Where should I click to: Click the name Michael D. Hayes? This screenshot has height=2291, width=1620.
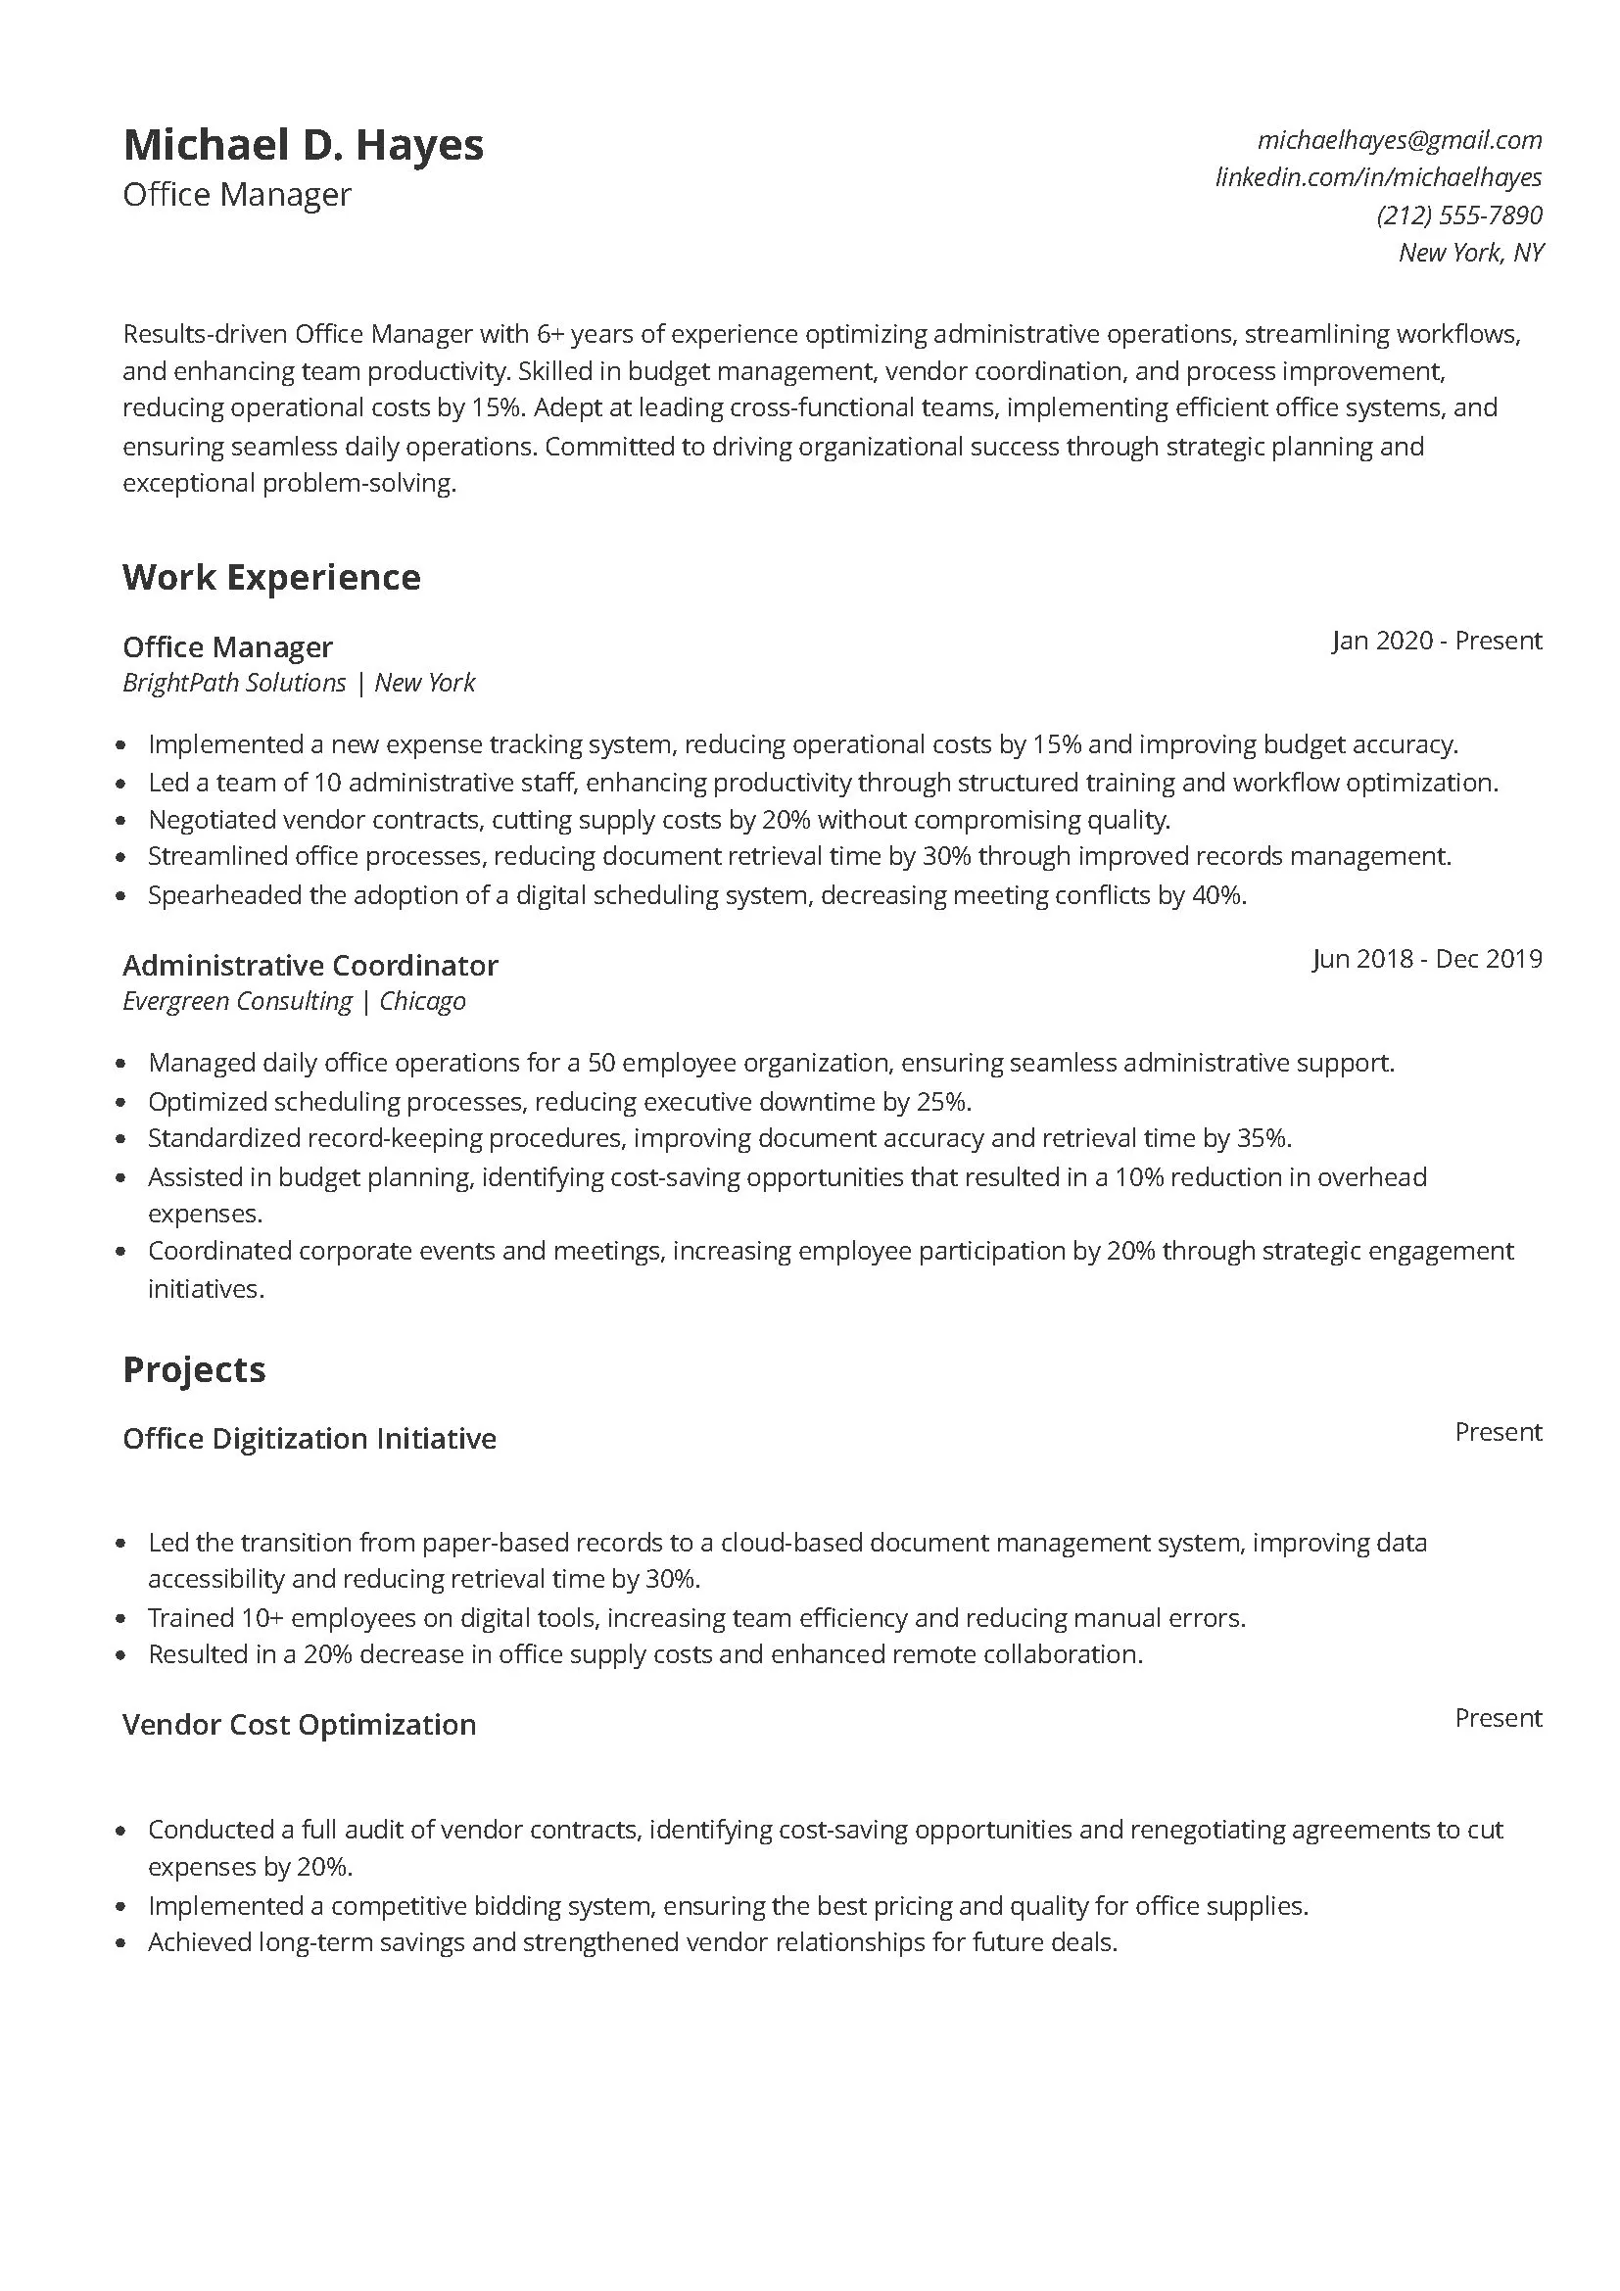304,146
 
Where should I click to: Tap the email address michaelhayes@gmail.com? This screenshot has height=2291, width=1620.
1399,140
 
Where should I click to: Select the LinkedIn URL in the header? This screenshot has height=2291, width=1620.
1378,177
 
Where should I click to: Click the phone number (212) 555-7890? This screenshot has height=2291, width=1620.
1458,215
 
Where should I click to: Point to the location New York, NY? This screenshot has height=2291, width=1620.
1470,253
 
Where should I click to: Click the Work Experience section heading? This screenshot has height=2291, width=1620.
271,578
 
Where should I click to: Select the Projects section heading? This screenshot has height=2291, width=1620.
194,1369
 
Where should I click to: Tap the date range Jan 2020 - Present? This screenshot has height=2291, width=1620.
1437,641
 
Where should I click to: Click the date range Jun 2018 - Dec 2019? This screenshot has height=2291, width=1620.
1426,959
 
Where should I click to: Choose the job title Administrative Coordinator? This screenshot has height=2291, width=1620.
310,966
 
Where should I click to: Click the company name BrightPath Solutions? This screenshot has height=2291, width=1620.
233,684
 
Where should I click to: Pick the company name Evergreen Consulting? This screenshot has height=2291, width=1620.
236,1002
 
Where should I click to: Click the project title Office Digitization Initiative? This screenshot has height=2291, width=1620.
310,1439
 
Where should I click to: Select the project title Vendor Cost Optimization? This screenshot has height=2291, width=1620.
300,1725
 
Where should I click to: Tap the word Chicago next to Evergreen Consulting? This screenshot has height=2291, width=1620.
422,1002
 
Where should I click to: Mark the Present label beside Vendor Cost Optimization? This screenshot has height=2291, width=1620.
1498,1718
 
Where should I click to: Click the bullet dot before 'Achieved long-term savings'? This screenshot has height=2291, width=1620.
121,1943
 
